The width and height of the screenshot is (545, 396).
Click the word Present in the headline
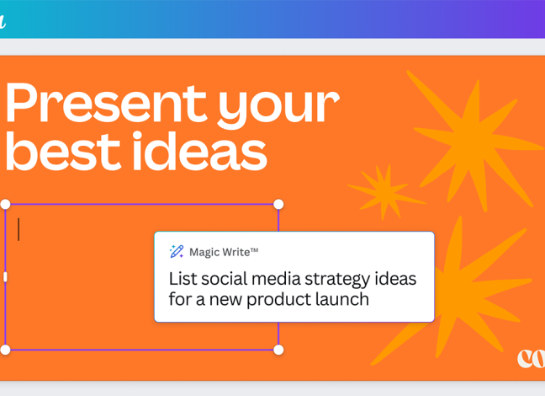[106, 103]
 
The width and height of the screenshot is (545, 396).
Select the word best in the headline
[63, 151]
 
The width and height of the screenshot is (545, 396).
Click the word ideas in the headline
[200, 151]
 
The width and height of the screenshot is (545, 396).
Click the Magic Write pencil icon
[177, 251]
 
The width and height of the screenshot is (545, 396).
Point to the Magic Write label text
[224, 252]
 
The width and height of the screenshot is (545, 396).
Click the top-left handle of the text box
[6, 205]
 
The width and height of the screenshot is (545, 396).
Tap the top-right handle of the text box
[278, 205]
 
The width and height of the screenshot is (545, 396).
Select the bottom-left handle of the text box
[6, 350]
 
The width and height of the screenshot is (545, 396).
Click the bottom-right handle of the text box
[278, 350]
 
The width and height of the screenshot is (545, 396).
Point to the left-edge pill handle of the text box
[5, 277]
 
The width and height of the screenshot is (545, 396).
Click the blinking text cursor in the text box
[19, 229]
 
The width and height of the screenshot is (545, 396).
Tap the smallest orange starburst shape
[386, 192]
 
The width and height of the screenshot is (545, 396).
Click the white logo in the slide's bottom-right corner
[531, 358]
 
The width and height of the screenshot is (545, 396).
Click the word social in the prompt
[225, 279]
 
